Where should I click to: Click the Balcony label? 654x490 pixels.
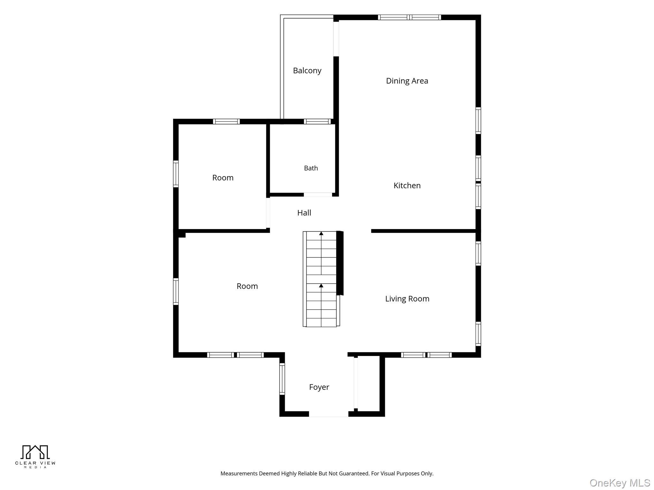(x=307, y=71)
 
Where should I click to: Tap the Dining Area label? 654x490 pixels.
(x=407, y=81)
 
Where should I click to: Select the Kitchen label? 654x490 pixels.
(x=407, y=185)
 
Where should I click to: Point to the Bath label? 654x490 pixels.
(x=311, y=168)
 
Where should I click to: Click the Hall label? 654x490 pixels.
(x=304, y=213)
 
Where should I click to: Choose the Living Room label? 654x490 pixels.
(x=407, y=299)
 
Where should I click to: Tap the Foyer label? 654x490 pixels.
(x=319, y=387)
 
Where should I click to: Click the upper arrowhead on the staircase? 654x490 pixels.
(x=321, y=234)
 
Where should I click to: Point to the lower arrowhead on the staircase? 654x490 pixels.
(x=321, y=286)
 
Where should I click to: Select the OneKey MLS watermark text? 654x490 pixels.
(x=620, y=483)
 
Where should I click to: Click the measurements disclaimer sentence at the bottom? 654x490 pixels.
(x=327, y=473)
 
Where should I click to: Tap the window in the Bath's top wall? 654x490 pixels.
(x=317, y=121)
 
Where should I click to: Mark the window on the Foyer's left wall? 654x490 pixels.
(x=282, y=379)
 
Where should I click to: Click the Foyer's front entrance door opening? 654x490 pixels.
(x=329, y=414)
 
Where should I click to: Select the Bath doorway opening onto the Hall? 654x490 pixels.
(x=318, y=195)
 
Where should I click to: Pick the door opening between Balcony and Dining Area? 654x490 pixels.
(x=336, y=39)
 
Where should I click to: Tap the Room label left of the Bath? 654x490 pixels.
(x=223, y=178)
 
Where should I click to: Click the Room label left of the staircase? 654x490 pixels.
(x=247, y=286)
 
